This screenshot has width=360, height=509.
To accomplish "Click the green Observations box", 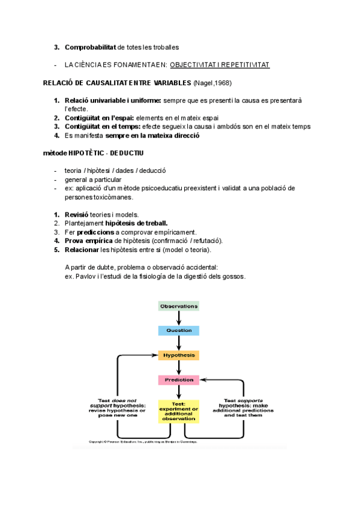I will click(x=179, y=306).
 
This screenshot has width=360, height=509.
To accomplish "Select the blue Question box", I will click(x=179, y=331).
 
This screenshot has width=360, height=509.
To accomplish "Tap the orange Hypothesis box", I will click(x=179, y=355).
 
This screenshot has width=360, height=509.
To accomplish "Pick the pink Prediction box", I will click(x=179, y=380).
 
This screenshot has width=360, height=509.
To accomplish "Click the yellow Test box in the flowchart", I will click(x=178, y=411).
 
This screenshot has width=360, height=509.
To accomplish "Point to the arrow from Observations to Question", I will click(x=179, y=318).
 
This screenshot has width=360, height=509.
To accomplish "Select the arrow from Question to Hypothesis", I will click(x=179, y=343).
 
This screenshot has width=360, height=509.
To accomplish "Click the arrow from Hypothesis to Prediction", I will click(x=179, y=367).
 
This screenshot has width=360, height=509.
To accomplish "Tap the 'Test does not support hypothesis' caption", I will click(x=118, y=408).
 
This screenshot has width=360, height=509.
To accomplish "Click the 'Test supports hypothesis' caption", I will click(x=242, y=408).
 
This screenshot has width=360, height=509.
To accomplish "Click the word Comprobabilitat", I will click(x=90, y=47).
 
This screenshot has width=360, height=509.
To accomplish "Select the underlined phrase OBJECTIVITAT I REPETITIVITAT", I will click(x=220, y=64).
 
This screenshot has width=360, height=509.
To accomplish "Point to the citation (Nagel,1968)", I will click(x=213, y=82).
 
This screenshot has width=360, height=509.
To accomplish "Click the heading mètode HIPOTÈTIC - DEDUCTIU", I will click(x=93, y=153).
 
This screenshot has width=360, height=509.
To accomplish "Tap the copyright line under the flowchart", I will click(x=143, y=442).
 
